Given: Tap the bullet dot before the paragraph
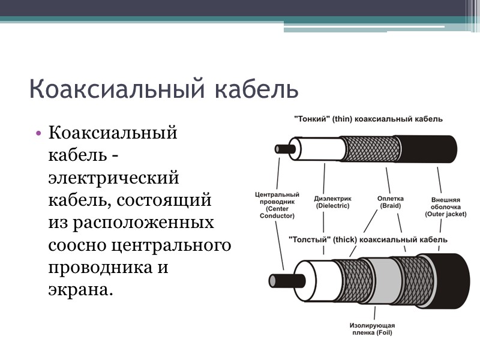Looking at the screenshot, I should tap(38, 133).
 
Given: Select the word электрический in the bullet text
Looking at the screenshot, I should tap(113, 178).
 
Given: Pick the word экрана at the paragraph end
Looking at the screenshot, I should tap(80, 290).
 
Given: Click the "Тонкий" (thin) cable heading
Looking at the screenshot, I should tap(368, 119).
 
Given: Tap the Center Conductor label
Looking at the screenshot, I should tap(277, 205).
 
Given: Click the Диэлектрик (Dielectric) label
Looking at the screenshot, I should tap(332, 202).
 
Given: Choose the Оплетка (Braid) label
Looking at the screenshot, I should tap(390, 202).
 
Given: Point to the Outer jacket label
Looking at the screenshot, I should tap(445, 207).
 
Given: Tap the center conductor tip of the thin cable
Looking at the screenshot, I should tap(281, 148).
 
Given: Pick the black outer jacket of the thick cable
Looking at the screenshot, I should tap(451, 277).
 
